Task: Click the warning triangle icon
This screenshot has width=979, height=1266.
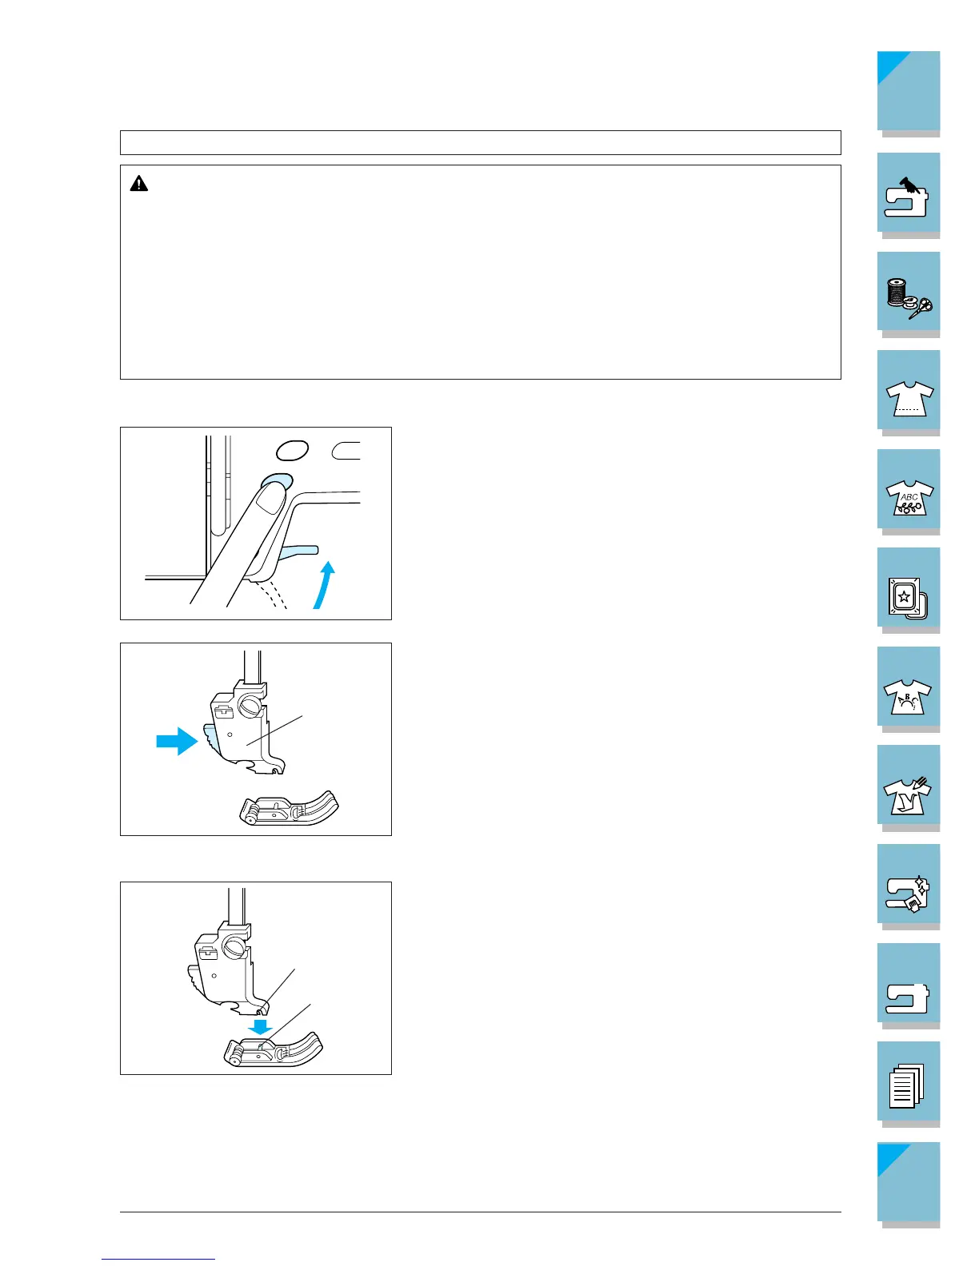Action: pos(139,184)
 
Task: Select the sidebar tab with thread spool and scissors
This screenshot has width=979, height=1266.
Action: pos(909,297)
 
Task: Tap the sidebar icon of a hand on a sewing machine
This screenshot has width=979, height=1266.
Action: pos(907,197)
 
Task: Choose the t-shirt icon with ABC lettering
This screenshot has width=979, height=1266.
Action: pos(909,498)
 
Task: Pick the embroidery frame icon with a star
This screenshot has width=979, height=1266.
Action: pos(907,598)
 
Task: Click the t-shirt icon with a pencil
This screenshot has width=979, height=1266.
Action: pos(907,796)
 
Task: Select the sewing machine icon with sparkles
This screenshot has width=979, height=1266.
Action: pos(907,894)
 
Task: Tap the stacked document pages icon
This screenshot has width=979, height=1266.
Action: pos(906,1086)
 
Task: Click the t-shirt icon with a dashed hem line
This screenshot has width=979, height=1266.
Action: pos(909,399)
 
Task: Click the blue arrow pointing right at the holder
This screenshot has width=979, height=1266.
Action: pos(178,741)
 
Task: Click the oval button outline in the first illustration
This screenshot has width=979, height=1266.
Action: pos(292,450)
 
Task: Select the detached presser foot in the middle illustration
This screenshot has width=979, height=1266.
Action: pos(290,808)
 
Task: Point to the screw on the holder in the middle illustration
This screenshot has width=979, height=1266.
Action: pos(250,706)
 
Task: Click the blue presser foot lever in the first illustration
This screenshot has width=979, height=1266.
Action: pos(298,553)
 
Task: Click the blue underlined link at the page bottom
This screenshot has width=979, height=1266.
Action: pos(158,1259)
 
